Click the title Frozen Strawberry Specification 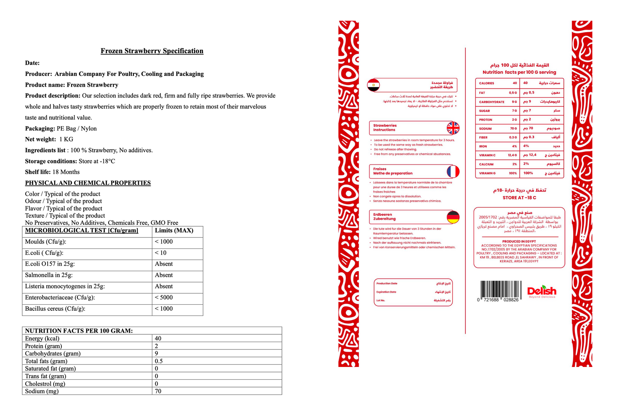[x=152, y=51]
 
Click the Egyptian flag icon [x=373, y=85]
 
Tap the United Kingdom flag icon [x=453, y=128]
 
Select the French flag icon [x=453, y=172]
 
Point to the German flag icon [x=453, y=217]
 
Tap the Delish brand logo [x=541, y=291]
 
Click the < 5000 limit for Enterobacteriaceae [x=163, y=297]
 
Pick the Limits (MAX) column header [x=174, y=230]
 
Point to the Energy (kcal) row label [x=42, y=339]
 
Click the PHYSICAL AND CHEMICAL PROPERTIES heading [x=88, y=183]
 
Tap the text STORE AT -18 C [x=519, y=198]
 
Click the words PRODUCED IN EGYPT [x=519, y=242]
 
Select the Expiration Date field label [x=386, y=292]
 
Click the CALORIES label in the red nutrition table [x=487, y=83]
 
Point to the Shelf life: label [x=38, y=172]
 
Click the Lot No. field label [x=381, y=300]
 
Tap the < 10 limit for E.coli [x=160, y=253]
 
